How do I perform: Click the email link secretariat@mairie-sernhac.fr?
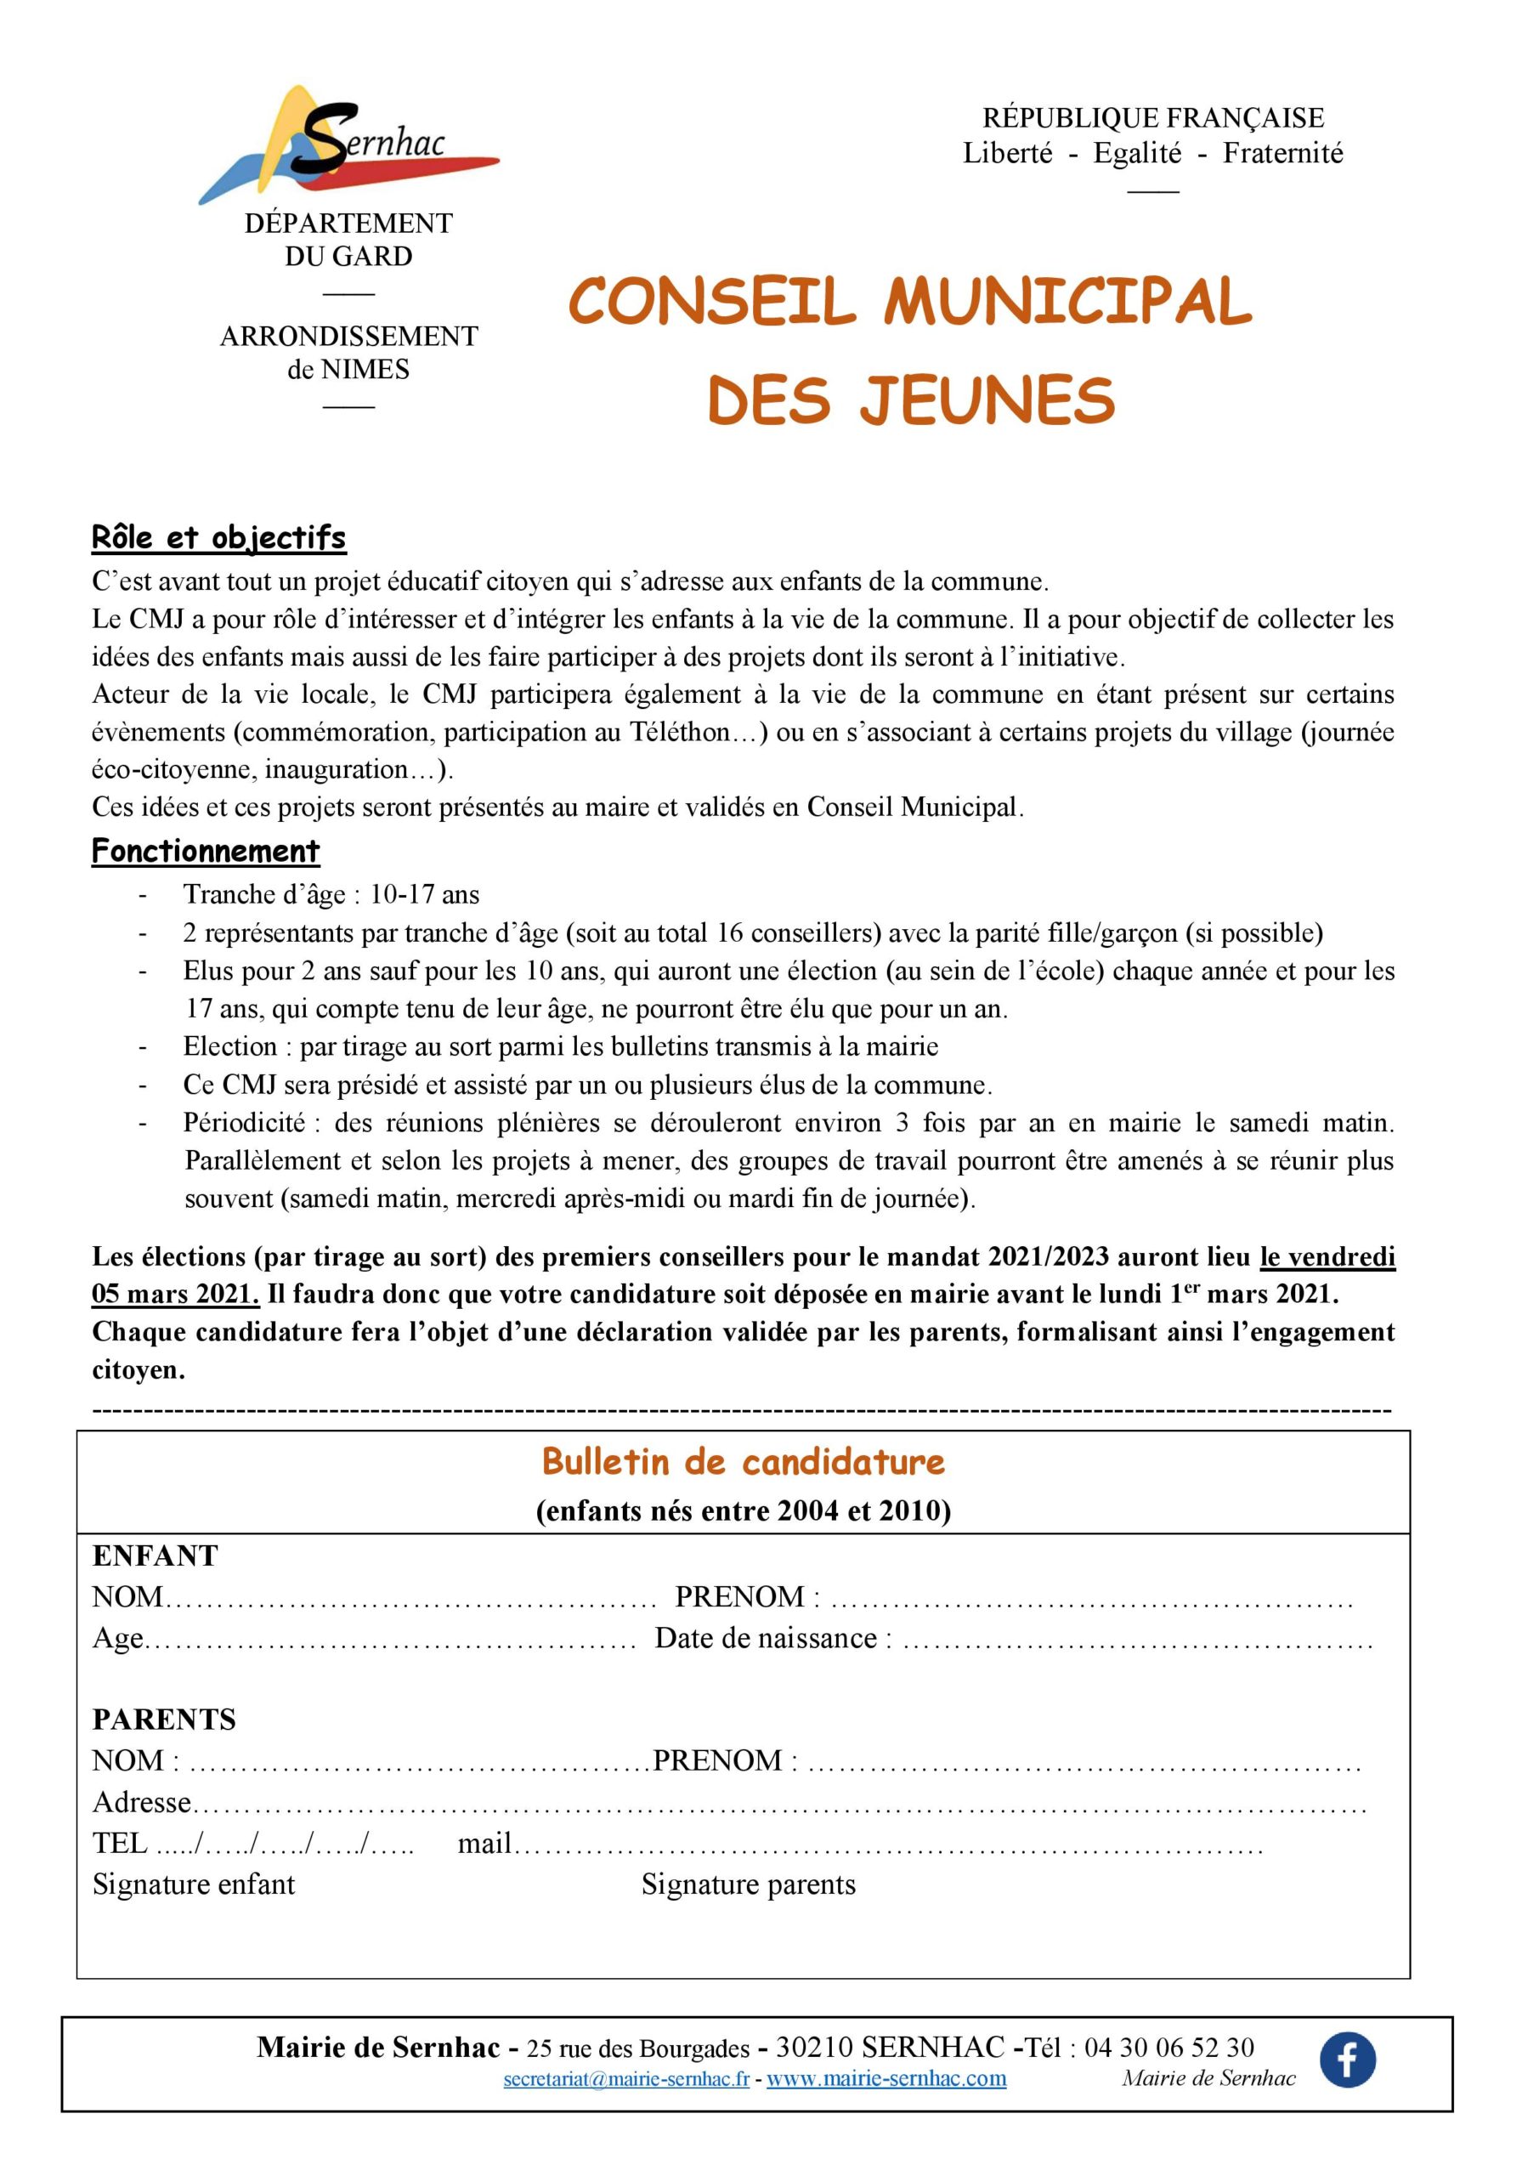click(626, 2078)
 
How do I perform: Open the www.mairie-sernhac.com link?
click(886, 2078)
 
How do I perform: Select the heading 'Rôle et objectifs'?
click(219, 537)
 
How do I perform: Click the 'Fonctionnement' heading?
click(206, 850)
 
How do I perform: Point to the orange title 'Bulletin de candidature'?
click(743, 1461)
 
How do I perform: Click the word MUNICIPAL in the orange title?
click(1067, 302)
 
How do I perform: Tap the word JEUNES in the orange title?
click(987, 400)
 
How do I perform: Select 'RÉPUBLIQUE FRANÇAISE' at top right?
click(1152, 117)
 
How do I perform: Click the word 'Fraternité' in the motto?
click(1282, 153)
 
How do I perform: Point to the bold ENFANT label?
click(155, 1555)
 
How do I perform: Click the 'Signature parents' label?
click(748, 1884)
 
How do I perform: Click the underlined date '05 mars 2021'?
click(174, 1295)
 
